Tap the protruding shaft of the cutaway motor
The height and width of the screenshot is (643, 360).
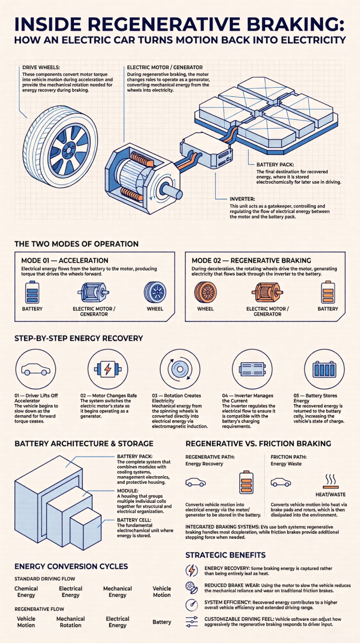pos(172,190)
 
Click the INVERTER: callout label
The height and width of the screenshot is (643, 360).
pos(243,199)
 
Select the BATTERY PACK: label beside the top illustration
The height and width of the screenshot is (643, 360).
pos(275,164)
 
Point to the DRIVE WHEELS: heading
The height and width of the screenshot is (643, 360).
pos(41,68)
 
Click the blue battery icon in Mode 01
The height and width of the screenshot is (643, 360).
pos(32,292)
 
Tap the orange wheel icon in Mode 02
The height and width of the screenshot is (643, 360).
pos(205,292)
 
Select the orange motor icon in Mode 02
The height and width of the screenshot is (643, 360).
pos(267,293)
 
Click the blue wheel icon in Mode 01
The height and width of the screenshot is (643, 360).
pos(155,292)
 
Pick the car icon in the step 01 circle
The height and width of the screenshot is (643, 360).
pos(36,370)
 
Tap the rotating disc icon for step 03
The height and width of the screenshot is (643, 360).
pos(180,369)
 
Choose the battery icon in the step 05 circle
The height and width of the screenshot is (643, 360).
pos(324,369)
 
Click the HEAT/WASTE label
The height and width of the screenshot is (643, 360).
pos(330,494)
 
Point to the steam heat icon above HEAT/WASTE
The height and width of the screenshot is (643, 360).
pos(330,481)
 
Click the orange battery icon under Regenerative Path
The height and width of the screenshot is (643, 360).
pos(246,482)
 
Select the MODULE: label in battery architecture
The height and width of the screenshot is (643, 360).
pos(128,491)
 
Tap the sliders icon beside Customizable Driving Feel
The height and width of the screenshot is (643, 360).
pos(192,622)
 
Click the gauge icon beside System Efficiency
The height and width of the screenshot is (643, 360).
pos(192,605)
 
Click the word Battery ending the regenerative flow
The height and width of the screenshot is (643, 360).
pos(162,622)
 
